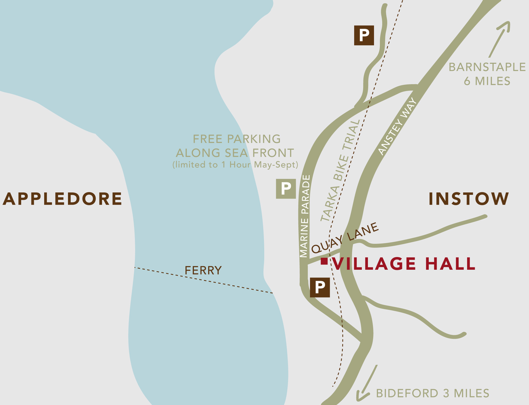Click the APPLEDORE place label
click(62, 199)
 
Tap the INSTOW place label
click(469, 199)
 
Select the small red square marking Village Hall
click(324, 261)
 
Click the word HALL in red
click(450, 264)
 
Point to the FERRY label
click(203, 270)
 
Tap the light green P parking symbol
click(286, 189)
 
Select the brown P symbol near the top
click(364, 35)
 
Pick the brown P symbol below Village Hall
click(320, 287)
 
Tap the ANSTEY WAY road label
click(397, 126)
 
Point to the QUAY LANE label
click(345, 237)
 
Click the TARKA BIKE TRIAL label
click(340, 171)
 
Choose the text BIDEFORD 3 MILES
click(432, 393)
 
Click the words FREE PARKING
click(237, 139)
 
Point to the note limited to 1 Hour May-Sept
click(235, 165)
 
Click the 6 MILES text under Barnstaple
click(487, 81)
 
